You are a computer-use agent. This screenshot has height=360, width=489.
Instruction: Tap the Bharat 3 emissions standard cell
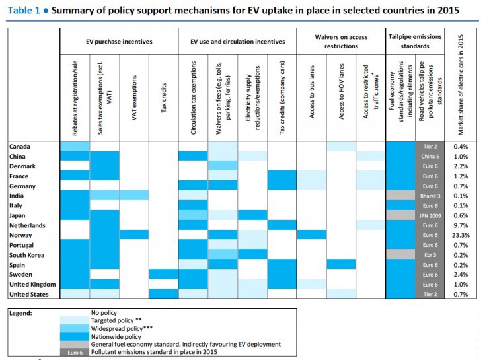[430, 196]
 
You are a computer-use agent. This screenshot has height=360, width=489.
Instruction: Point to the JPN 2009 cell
[430, 215]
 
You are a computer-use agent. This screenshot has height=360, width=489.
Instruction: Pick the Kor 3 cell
[430, 254]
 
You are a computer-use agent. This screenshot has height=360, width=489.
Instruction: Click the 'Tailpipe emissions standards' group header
[415, 41]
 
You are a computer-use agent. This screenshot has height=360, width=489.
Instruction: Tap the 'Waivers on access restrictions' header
[341, 41]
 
